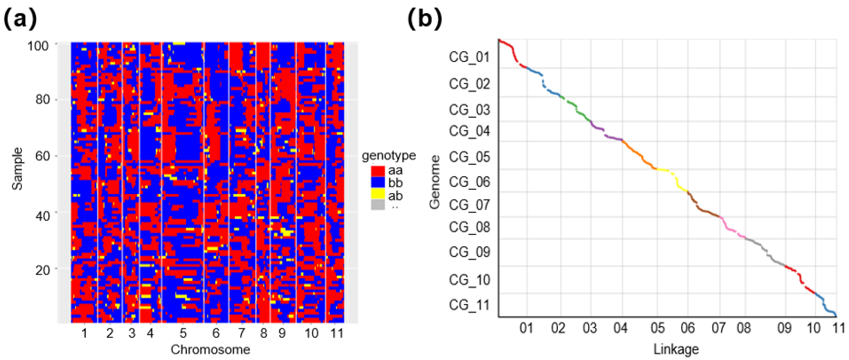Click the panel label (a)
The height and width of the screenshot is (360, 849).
[x=20, y=19]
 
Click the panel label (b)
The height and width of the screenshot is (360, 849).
[x=425, y=19]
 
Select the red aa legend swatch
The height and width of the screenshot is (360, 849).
[x=378, y=171]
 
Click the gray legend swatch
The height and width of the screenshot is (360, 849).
[x=378, y=205]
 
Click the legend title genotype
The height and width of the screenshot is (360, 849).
[x=389, y=155]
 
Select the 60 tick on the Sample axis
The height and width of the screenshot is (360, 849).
[x=42, y=156]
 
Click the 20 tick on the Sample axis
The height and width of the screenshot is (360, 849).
[x=42, y=270]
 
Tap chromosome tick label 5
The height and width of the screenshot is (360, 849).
[x=183, y=333]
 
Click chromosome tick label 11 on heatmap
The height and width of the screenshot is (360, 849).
[x=337, y=333]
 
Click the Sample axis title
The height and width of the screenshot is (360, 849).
[x=17, y=168]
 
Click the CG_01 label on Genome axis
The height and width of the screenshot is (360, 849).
[x=469, y=57]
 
